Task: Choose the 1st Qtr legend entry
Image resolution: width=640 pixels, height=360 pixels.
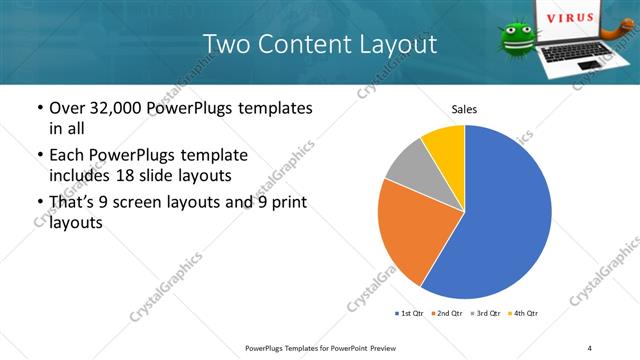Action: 408,313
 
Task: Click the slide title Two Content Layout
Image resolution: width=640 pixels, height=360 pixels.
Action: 319,44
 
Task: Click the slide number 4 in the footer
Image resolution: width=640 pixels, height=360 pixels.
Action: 590,347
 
